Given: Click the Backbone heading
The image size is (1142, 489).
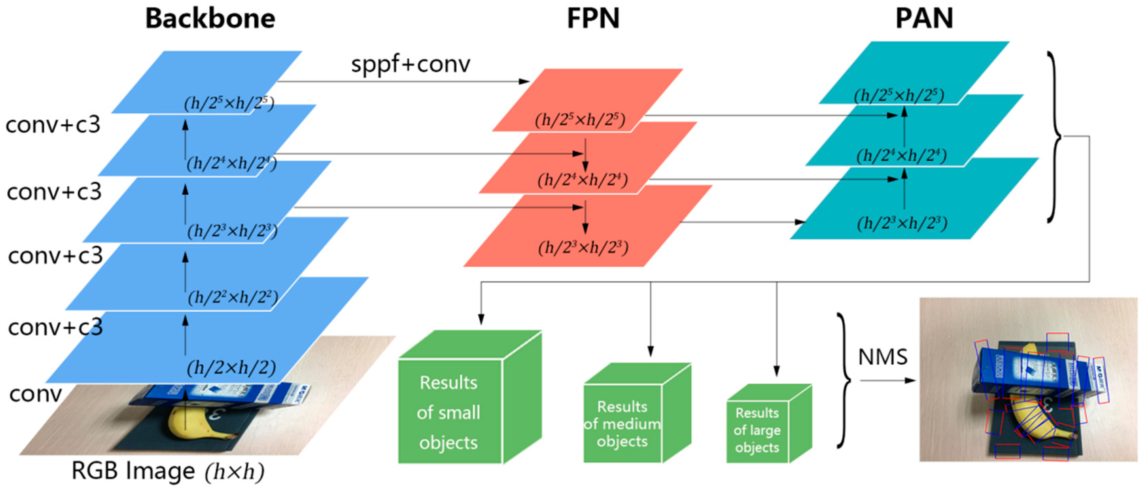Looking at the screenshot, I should [210, 19].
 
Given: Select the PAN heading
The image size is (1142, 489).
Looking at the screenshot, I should [924, 19].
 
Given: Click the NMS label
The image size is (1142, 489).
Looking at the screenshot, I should [883, 357].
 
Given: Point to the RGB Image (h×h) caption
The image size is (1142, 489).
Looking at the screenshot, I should [168, 471].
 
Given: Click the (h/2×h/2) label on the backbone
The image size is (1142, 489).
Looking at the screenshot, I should [231, 368].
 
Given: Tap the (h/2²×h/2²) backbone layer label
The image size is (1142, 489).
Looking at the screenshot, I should [233, 297].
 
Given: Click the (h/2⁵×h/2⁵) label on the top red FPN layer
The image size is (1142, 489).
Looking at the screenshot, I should [580, 120].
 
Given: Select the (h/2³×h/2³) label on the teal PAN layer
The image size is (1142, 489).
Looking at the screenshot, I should [902, 223].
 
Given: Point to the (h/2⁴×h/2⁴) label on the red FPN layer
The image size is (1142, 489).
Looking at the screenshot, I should [583, 180].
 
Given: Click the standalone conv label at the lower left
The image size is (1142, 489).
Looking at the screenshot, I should [36, 394].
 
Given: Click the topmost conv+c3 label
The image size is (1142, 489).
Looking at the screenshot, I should [53, 125].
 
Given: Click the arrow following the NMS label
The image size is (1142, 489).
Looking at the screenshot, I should [888, 380].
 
